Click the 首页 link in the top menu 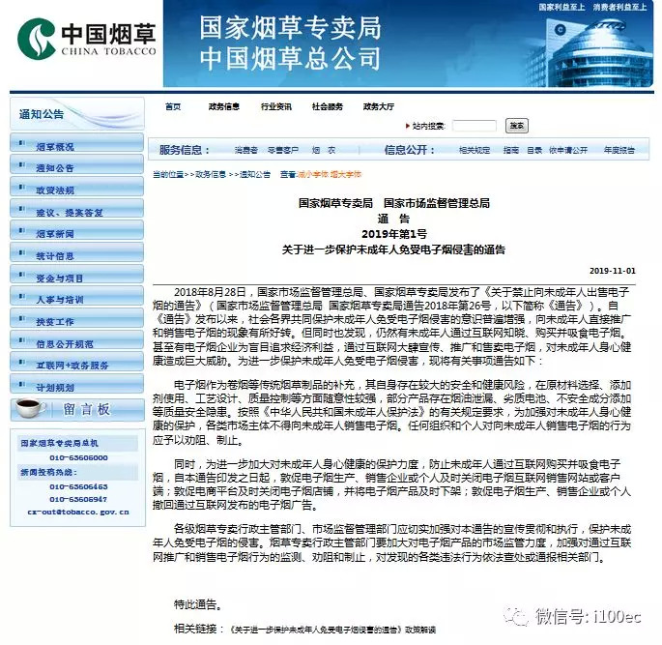pos(173,106)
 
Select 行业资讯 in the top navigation pos(275,106)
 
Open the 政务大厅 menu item pos(378,106)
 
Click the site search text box pos(474,126)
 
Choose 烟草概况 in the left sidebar pos(55,147)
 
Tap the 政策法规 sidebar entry pos(55,191)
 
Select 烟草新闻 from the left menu pos(55,234)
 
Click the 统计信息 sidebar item pos(55,256)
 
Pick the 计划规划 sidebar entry pos(55,387)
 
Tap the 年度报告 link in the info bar pos(619,150)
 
